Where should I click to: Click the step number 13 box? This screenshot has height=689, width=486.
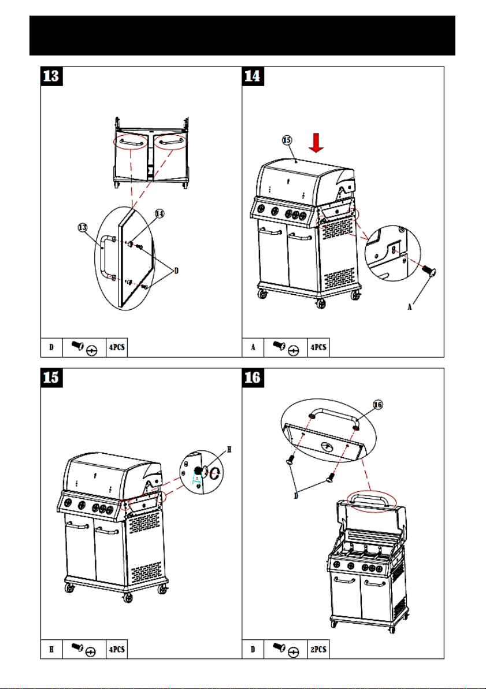[51, 76]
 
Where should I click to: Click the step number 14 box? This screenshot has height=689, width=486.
[253, 76]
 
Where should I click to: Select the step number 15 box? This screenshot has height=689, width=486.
[51, 377]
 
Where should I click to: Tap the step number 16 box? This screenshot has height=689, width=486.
[253, 377]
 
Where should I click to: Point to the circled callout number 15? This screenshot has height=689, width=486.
[287, 140]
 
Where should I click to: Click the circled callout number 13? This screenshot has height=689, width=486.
[83, 228]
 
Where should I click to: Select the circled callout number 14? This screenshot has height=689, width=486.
[159, 213]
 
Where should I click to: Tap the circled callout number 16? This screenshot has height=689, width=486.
[378, 404]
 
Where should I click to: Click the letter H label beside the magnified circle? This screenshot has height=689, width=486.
[229, 450]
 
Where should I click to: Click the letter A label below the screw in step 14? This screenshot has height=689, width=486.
[410, 307]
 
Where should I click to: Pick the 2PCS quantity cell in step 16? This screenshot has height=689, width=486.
[318, 649]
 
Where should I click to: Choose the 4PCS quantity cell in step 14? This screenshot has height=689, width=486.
[318, 347]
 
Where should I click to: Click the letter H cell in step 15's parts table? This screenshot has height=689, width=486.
[51, 649]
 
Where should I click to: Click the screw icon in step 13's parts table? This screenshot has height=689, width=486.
[78, 346]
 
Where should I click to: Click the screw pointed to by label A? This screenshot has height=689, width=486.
[428, 271]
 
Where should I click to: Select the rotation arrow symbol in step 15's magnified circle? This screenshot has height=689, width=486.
[216, 473]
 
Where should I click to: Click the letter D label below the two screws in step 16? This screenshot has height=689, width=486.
[296, 496]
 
